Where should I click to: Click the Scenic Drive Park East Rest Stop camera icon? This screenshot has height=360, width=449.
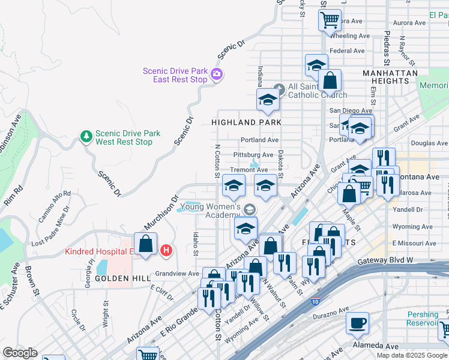pyautogui.click(x=217, y=75)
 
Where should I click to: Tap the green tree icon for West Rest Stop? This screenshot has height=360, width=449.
pyautogui.click(x=86, y=137)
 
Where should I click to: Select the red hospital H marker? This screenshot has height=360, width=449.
pyautogui.click(x=166, y=250)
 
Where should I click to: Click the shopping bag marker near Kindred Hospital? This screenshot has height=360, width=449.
pyautogui.click(x=146, y=244)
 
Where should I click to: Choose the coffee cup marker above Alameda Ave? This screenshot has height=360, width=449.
pyautogui.click(x=358, y=322)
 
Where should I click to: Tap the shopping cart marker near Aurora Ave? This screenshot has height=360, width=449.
pyautogui.click(x=330, y=19)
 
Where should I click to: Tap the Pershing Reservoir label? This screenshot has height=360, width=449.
pyautogui.click(x=423, y=319)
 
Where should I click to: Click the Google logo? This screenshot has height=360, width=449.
pyautogui.click(x=20, y=353)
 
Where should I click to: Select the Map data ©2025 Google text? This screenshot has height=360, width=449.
pyautogui.click(x=412, y=355)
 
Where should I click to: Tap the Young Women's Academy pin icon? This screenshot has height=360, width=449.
pyautogui.click(x=249, y=209)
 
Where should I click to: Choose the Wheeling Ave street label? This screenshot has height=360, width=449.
pyautogui.click(x=350, y=36)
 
